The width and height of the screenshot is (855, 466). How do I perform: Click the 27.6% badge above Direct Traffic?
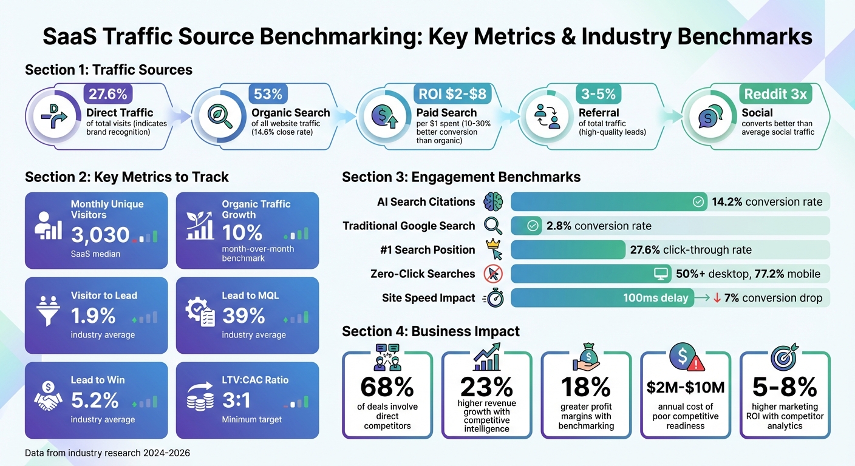tap(107, 94)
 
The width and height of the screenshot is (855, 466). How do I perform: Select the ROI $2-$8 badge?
tap(452, 94)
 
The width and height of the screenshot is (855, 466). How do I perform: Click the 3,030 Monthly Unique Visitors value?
tap(100, 234)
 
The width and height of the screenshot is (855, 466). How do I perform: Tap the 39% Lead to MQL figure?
tap(243, 316)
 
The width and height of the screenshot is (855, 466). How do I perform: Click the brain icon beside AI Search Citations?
tap(493, 202)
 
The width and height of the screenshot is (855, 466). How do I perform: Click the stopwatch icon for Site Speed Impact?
tap(493, 298)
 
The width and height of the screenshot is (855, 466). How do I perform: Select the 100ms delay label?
tap(655, 298)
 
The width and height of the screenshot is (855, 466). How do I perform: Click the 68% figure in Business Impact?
tap(387, 387)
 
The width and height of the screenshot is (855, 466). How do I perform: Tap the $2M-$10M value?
tap(686, 387)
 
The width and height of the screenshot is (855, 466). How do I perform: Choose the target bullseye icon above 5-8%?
tap(784, 357)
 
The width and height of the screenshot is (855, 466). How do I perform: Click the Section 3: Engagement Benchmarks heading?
tap(461, 177)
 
